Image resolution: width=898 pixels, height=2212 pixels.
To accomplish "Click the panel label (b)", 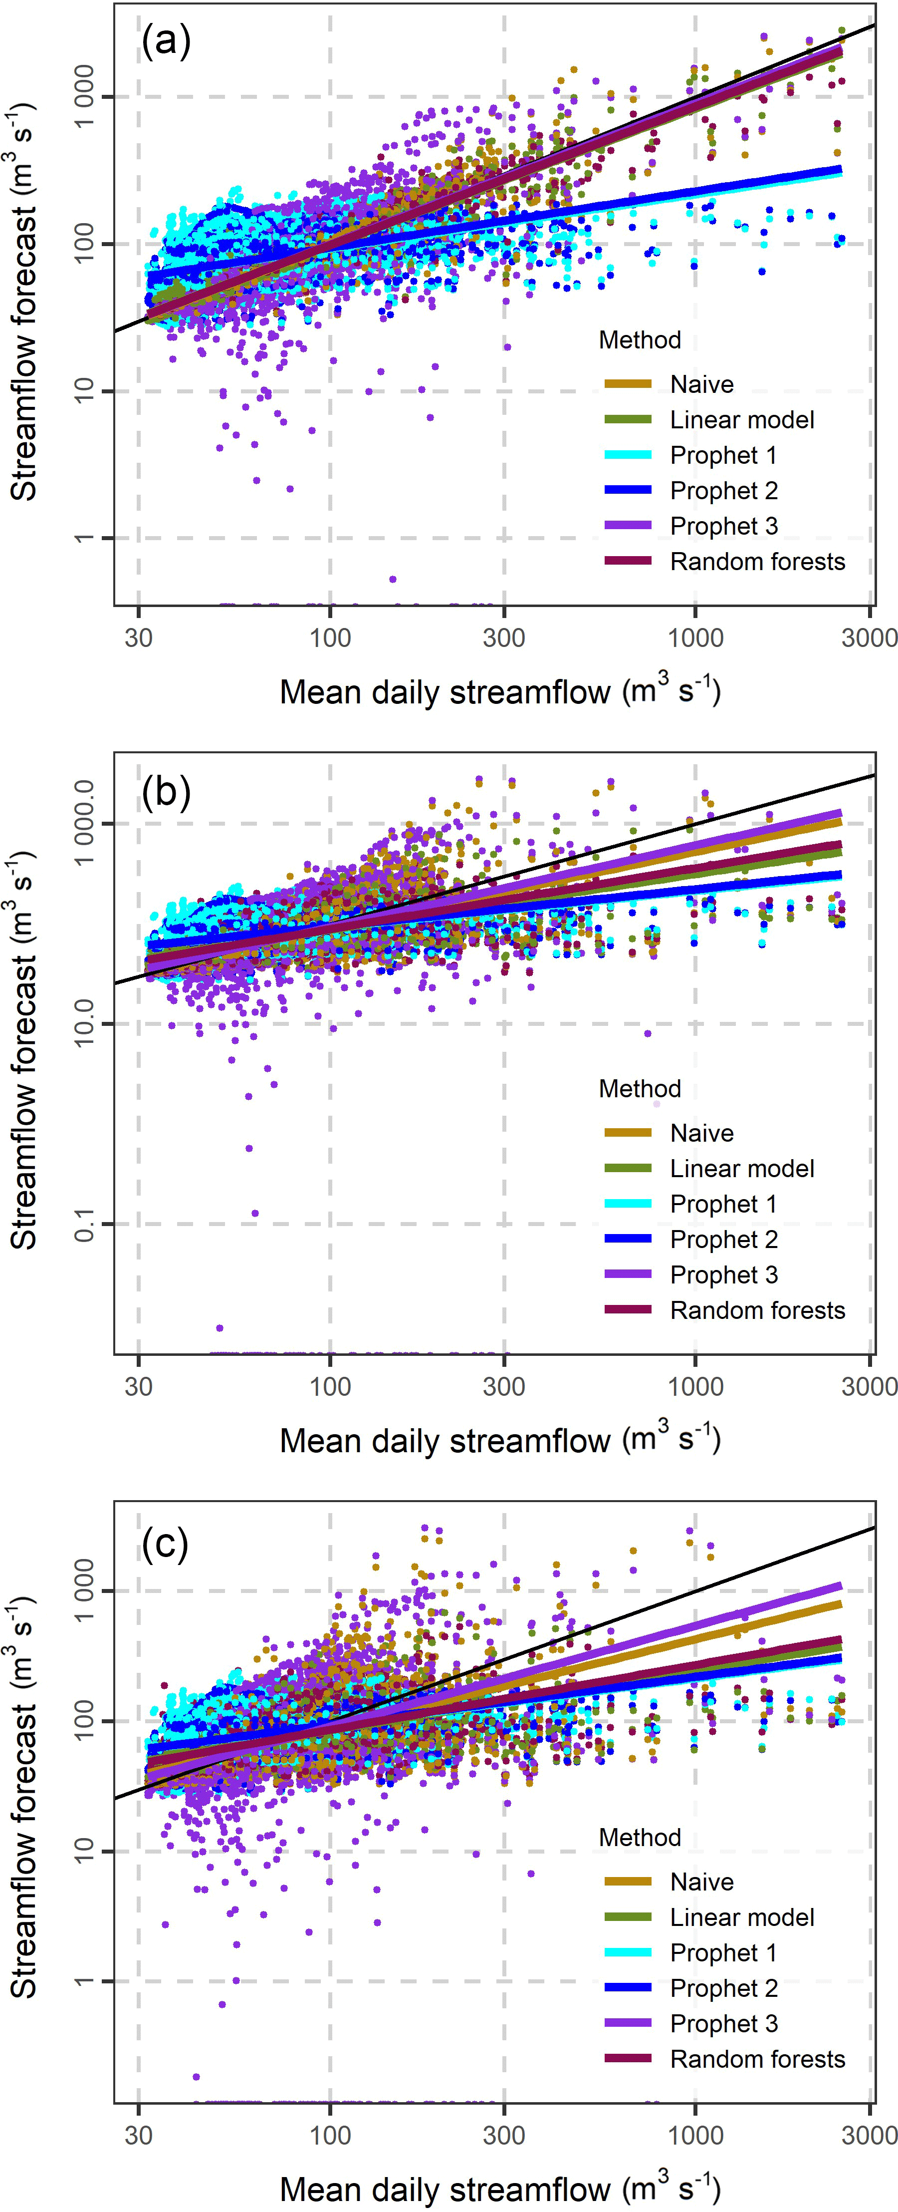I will (166, 791).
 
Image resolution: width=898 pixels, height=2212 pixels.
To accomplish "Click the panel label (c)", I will (165, 1542).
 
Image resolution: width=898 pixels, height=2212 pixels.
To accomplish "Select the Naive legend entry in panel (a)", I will (701, 384).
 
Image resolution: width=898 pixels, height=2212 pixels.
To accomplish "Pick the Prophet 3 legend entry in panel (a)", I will (724, 526).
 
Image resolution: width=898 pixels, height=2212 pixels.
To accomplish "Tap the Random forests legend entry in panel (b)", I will (757, 1310).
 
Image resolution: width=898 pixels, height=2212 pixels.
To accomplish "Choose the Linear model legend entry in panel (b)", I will (742, 1169).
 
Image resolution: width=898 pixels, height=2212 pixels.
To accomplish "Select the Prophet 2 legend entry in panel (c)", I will (724, 1988).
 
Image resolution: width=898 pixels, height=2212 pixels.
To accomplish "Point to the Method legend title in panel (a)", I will (640, 340).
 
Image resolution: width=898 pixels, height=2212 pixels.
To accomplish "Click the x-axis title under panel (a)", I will (500, 691).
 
